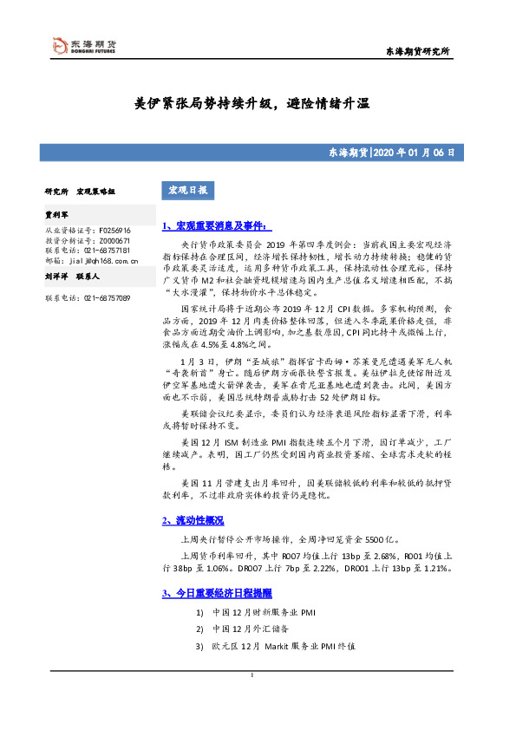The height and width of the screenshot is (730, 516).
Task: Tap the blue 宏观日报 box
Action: (x=185, y=190)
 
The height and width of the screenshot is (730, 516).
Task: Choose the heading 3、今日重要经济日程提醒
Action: (x=217, y=593)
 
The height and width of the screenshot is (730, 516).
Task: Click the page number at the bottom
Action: (x=251, y=675)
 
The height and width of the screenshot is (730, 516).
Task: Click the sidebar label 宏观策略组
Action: (x=95, y=190)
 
